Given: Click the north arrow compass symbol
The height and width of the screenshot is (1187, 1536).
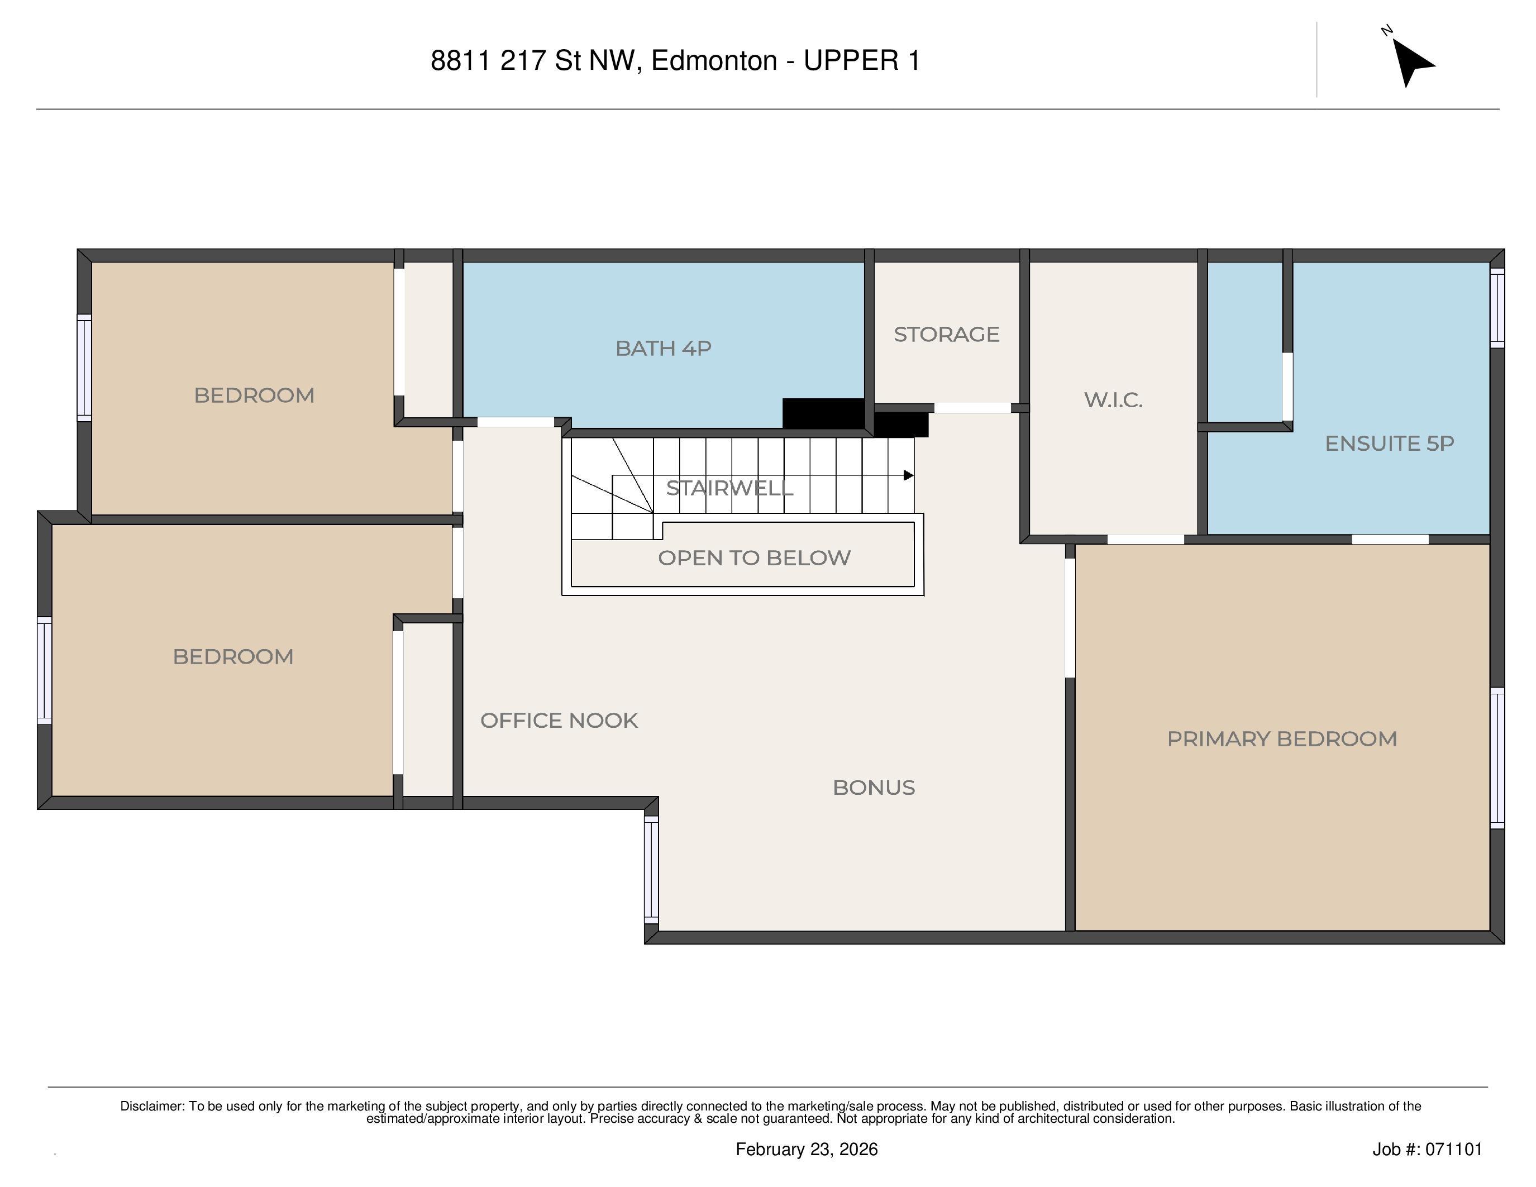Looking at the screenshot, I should coord(1410,60).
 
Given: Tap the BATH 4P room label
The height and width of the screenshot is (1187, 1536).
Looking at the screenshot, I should coord(663,348).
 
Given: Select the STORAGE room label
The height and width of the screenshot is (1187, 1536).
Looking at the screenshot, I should coord(946,334).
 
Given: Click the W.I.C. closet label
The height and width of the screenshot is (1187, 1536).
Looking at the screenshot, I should coord(1113,400).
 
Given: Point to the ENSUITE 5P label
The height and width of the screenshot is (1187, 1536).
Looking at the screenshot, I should coord(1389,444).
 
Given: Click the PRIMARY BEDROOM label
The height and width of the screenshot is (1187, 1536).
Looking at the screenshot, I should coord(1281,739).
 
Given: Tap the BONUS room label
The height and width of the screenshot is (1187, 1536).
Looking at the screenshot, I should coord(874,788).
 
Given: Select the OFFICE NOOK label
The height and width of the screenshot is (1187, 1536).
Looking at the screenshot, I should coord(559,721).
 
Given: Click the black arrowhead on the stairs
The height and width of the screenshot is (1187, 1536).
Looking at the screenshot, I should coord(908,475).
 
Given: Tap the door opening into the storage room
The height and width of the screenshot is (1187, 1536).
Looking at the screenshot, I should coord(972,408).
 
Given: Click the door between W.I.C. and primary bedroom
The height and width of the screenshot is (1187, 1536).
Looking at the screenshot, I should coord(1146,540).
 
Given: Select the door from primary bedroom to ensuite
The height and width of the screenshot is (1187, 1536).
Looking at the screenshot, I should coord(1390,540).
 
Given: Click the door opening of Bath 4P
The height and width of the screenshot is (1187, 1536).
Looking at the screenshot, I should coord(516,422).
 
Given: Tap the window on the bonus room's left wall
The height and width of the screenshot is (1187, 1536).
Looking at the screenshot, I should coord(651,869).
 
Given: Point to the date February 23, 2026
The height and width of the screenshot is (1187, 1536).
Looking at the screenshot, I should coord(806,1149).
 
